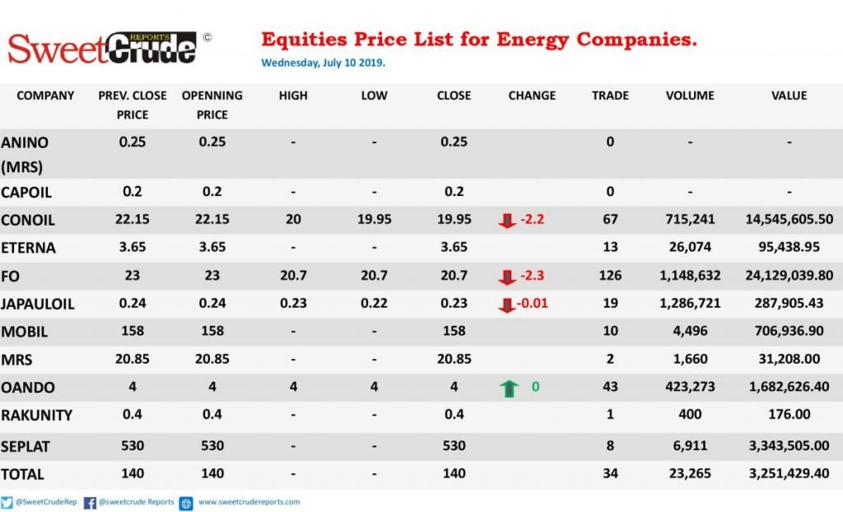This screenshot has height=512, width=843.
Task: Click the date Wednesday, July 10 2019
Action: (323, 63)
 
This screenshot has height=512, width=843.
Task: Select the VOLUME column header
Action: (690, 95)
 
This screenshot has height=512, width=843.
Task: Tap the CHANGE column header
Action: (532, 95)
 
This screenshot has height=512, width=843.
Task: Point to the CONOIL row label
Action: (28, 221)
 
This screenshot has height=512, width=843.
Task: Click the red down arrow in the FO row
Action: (506, 277)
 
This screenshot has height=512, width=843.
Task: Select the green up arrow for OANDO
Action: (509, 388)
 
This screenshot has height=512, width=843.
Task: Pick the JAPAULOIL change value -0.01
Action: (533, 303)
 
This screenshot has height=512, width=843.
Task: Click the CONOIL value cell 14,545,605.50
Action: (789, 220)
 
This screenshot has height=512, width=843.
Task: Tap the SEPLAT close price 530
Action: (454, 446)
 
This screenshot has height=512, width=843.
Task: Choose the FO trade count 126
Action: (610, 276)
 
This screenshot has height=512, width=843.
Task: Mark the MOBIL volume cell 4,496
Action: (690, 331)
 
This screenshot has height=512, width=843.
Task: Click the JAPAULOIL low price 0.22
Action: (374, 303)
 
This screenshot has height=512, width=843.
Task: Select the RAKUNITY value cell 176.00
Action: (789, 414)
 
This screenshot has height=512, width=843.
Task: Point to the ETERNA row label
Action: (29, 248)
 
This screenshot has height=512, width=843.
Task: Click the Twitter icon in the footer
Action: (7, 502)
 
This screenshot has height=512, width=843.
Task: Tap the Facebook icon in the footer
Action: (90, 503)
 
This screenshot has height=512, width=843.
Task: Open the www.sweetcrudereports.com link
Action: (249, 502)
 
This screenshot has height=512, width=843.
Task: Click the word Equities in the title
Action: (305, 40)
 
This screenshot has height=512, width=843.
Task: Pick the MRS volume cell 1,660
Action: (690, 359)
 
